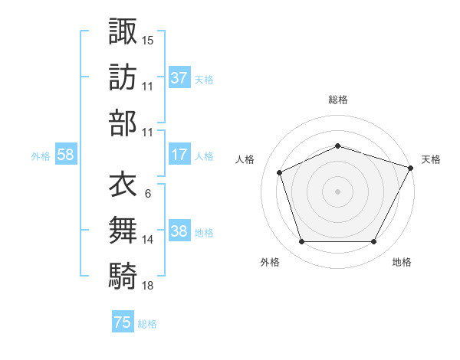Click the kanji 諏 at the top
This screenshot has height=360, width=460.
click(123, 31)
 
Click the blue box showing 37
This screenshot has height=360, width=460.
click(179, 77)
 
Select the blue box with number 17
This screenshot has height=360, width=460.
click(179, 155)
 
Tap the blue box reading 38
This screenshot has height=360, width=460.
click(179, 231)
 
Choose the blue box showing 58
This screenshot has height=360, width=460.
click(66, 155)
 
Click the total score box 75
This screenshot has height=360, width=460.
click(123, 322)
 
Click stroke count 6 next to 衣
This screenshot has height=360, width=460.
click(147, 193)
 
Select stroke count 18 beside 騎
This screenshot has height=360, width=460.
click(148, 286)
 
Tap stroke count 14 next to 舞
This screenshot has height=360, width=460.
click(148, 240)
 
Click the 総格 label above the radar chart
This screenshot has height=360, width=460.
click(338, 100)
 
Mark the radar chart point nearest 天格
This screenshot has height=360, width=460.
click(411, 169)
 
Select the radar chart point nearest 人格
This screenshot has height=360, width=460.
click(281, 172)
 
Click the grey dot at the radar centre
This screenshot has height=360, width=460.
click(338, 191)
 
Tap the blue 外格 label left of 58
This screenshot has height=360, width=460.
click(41, 155)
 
